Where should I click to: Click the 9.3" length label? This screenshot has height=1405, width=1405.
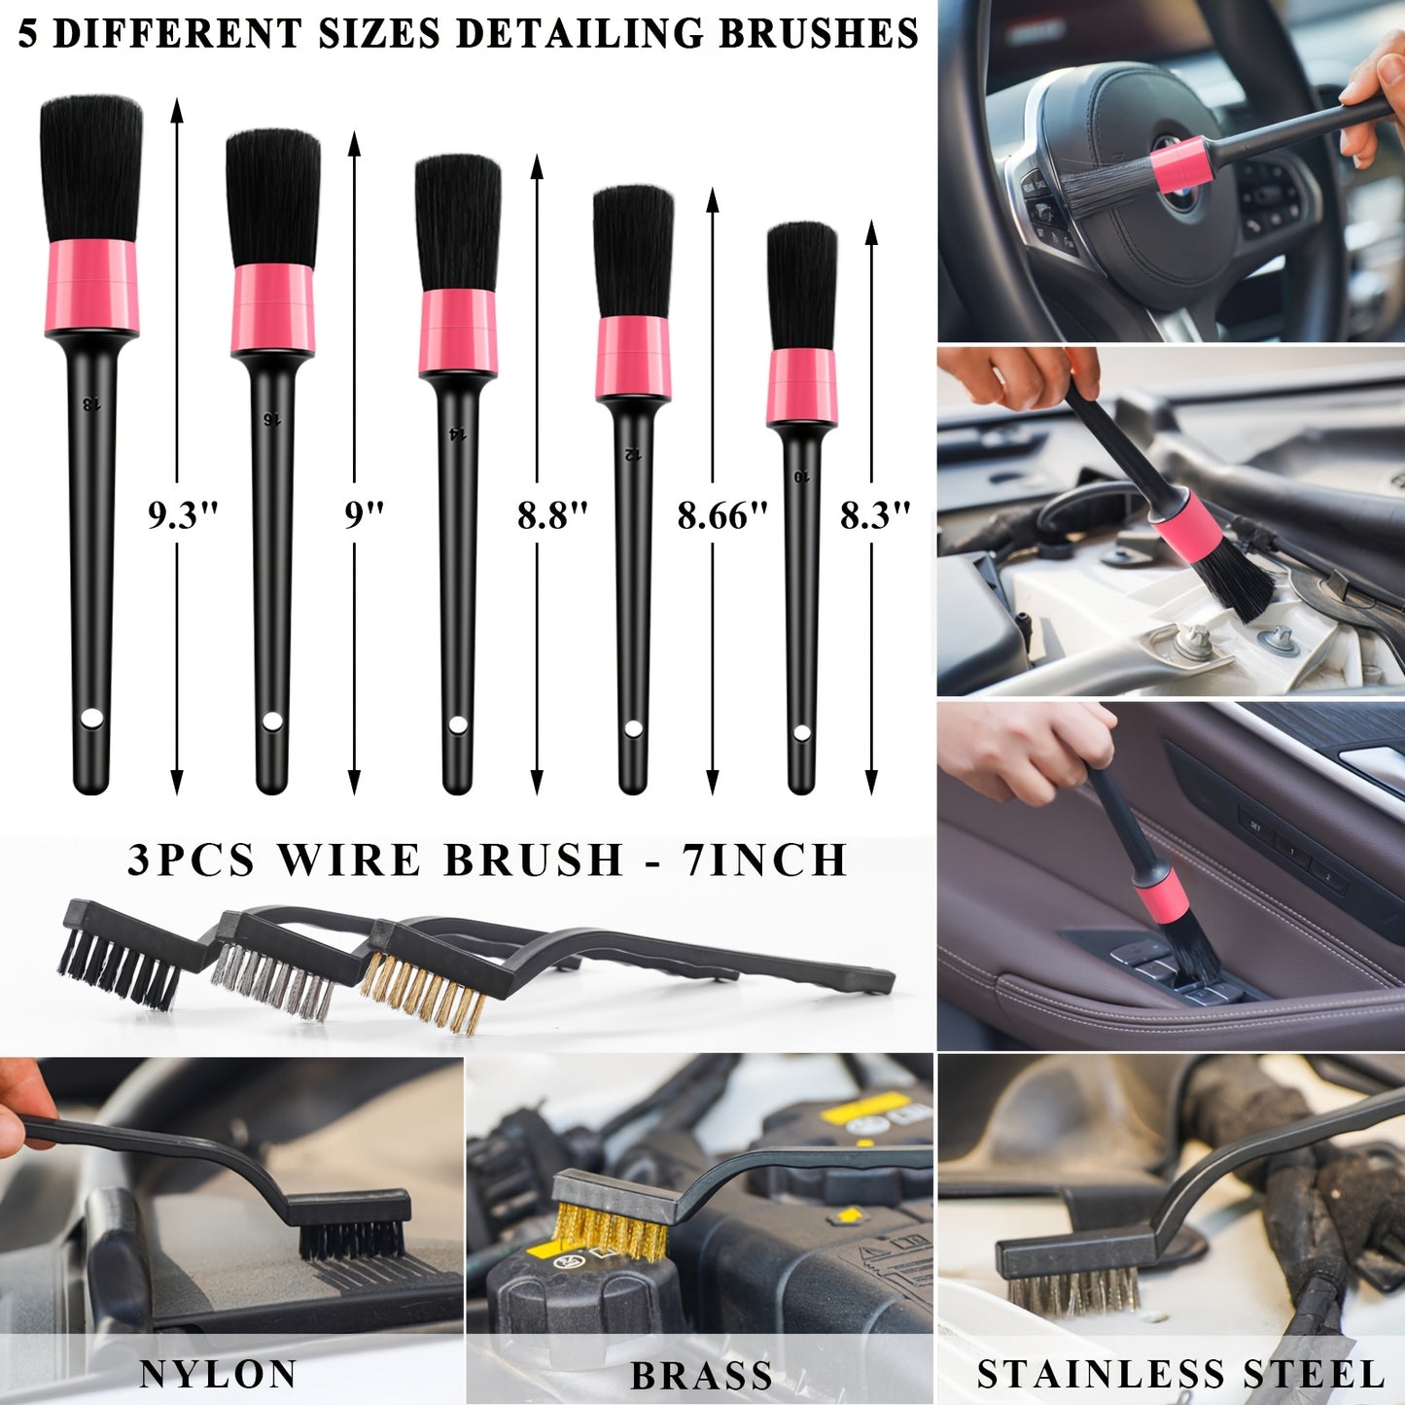click(x=182, y=515)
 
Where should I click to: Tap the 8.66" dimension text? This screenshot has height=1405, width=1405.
click(x=721, y=515)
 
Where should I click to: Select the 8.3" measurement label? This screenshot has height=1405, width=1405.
click(x=874, y=515)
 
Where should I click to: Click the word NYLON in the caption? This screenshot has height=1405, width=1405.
click(x=218, y=1375)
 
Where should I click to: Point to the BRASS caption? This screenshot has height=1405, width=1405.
click(x=701, y=1377)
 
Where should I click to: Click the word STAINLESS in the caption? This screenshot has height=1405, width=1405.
click(x=1100, y=1375)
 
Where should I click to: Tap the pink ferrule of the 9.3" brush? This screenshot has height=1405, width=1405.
click(x=92, y=288)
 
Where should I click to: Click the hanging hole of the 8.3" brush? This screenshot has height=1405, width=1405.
click(x=801, y=733)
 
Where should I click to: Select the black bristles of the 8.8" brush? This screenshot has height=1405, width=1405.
click(x=458, y=222)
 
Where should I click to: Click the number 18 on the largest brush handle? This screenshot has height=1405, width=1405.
click(x=91, y=403)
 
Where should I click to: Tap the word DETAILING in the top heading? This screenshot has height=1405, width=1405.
click(x=581, y=34)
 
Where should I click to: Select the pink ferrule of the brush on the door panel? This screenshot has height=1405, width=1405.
click(x=1163, y=896)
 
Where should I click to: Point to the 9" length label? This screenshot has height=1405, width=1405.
click(x=364, y=515)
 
